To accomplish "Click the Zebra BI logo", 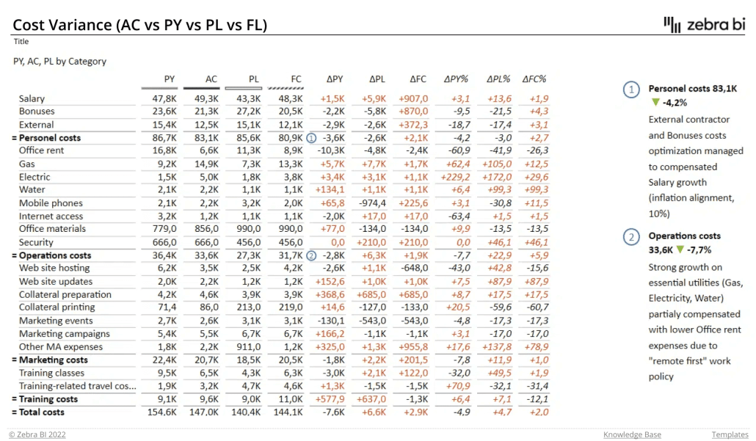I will click(x=704, y=23).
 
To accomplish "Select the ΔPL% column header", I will click(x=498, y=79).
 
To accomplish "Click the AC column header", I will click(x=211, y=79).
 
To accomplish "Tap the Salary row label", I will click(x=32, y=98).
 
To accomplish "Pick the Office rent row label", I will click(x=41, y=150).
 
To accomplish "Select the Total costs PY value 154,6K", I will click(x=161, y=412).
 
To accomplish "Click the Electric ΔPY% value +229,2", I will click(x=456, y=177).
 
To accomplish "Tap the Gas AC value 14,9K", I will click(x=205, y=164).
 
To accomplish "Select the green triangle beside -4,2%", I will click(x=655, y=102).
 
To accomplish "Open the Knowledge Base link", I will click(x=632, y=434).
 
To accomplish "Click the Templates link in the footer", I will click(x=729, y=434).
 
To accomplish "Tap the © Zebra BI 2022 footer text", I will click(x=37, y=434).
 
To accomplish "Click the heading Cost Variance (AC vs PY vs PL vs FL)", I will click(x=140, y=25).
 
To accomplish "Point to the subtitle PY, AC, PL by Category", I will click(x=59, y=62).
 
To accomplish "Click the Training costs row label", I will click(x=48, y=399).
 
